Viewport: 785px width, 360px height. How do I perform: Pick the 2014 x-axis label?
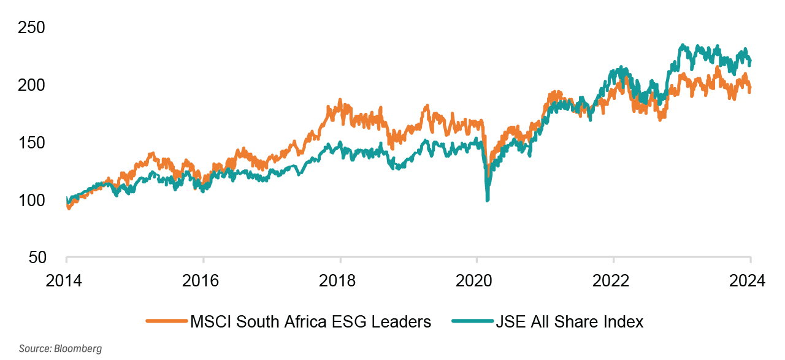point(66,281)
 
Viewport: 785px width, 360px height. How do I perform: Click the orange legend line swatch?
point(166,321)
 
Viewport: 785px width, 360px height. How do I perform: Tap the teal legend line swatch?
point(472,321)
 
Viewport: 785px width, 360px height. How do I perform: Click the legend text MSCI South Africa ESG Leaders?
point(311,321)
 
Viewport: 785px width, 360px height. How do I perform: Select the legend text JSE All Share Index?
point(570,321)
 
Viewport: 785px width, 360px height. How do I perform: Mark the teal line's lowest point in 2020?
point(488,200)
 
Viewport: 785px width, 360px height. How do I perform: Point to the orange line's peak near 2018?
point(340,100)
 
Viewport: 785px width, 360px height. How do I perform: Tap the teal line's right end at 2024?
point(750,61)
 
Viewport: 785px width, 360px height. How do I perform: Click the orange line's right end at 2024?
point(750,90)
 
